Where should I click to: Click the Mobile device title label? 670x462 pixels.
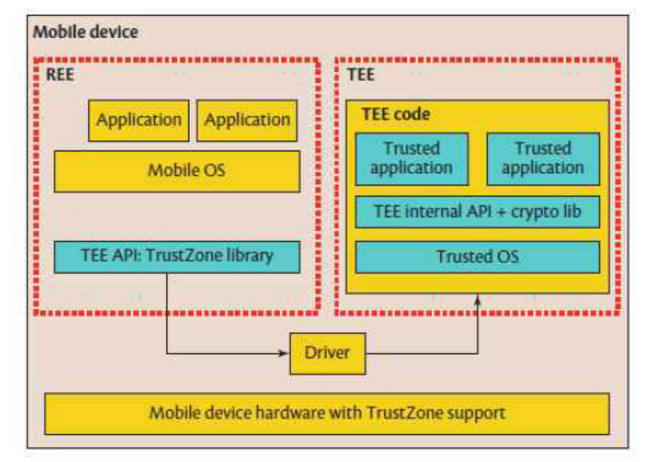point(86,32)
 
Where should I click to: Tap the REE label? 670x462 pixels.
point(60,75)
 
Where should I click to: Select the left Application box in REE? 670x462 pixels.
point(139,121)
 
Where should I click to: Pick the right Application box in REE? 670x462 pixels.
point(247,121)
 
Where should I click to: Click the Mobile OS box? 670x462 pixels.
point(177,172)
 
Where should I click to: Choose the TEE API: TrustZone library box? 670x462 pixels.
point(177,257)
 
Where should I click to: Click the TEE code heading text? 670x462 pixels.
point(396,114)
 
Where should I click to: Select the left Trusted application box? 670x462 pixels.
point(412,159)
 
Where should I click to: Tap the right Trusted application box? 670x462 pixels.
point(543,159)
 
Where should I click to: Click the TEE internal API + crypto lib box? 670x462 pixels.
point(478,212)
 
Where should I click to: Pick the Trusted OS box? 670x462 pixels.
point(478,257)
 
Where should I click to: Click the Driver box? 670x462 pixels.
point(328,354)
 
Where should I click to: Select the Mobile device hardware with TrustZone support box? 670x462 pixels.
point(327,414)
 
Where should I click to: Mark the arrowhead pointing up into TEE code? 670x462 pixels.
point(478,299)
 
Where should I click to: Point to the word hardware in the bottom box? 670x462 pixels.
point(290,413)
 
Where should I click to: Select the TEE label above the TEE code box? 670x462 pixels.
point(361,75)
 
